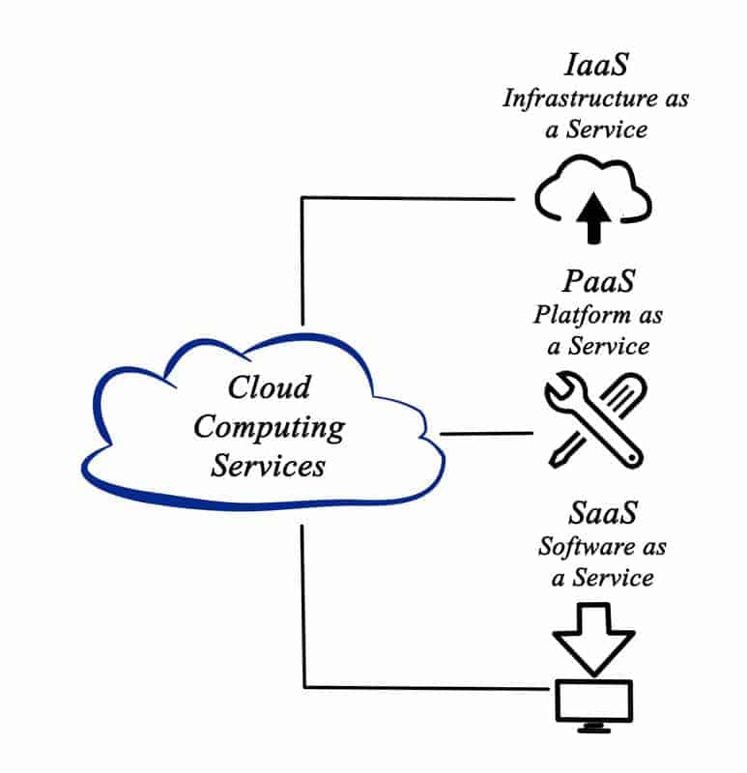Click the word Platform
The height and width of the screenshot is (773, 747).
576,315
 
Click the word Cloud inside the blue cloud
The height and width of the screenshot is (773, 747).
269,387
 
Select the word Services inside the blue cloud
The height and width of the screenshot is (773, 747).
268,465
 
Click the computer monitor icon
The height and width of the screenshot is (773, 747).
594,700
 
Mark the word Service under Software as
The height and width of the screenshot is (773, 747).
615,578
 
